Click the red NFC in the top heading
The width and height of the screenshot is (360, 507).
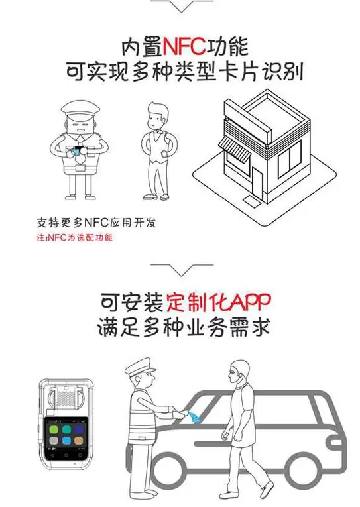pos(184,46)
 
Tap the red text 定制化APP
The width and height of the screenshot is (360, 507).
pos(218,302)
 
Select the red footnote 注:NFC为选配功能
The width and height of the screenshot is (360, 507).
pos(75,238)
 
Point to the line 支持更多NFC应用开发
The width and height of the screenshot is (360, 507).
pos(96,223)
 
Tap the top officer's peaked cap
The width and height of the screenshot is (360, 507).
pos(80,108)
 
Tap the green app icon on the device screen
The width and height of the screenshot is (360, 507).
pos(54,429)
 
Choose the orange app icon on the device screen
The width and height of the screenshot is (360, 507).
pos(79,440)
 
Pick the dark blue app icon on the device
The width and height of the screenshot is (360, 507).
pos(79,429)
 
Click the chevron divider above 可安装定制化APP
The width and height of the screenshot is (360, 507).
pos(182,269)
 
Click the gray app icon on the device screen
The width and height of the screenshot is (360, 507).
pos(54,440)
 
